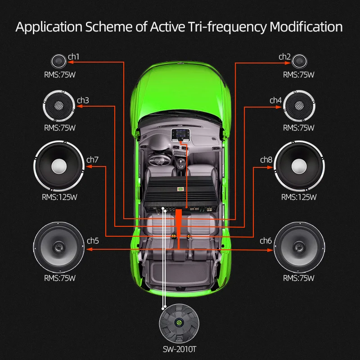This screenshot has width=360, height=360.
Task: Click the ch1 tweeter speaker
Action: pos(59,61)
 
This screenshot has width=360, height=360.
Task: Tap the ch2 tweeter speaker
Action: pos(299,61)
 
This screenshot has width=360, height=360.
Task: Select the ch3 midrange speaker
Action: pos(59,105)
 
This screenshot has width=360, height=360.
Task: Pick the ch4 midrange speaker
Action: pos(299,105)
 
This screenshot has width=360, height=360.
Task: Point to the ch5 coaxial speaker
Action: pos(59,247)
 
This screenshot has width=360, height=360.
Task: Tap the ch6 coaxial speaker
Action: pos(299,247)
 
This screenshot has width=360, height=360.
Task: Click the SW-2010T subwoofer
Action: pos(179,323)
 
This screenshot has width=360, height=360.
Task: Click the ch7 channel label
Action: pos(92,159)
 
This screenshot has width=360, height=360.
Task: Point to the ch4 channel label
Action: pos(275,100)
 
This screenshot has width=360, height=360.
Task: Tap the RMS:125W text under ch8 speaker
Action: pos(299,197)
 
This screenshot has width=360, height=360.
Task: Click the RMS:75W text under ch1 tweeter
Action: pos(60,75)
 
